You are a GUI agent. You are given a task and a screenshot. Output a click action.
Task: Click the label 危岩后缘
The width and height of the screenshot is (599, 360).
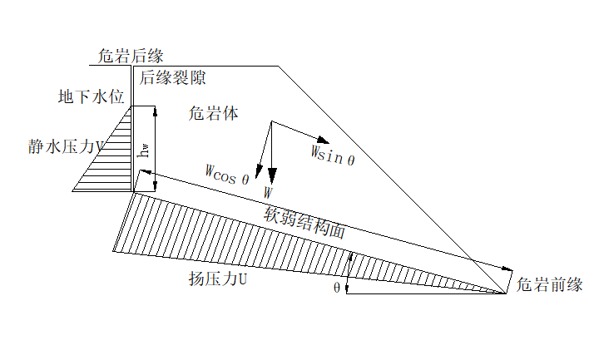click(x=131, y=56)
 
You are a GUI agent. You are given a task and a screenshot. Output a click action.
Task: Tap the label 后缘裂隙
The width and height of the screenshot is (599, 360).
click(x=172, y=78)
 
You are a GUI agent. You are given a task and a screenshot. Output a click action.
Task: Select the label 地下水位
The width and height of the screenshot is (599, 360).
click(x=91, y=96)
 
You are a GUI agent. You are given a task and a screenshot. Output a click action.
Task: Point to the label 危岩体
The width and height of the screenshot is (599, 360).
click(x=214, y=114)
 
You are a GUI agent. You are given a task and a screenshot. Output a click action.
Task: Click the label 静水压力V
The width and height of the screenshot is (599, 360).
click(x=67, y=147)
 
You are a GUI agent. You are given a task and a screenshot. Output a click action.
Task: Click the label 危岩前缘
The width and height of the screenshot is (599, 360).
click(x=548, y=284)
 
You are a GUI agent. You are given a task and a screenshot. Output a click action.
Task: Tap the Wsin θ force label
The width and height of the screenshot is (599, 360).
click(x=333, y=155)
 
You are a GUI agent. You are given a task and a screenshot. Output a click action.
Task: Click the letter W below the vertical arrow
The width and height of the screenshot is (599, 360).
click(x=268, y=192)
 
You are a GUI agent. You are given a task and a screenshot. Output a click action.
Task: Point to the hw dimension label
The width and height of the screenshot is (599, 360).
click(x=145, y=150)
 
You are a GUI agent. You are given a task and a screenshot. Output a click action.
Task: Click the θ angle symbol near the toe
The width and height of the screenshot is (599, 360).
click(x=337, y=287)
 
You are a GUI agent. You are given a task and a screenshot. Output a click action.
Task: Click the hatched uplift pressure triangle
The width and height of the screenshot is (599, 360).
click(x=250, y=245)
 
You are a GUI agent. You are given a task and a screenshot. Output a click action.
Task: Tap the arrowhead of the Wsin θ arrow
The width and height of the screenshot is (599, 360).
click(x=326, y=141)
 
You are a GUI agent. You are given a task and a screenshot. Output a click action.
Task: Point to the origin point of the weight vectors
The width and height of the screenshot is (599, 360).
click(x=272, y=123)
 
